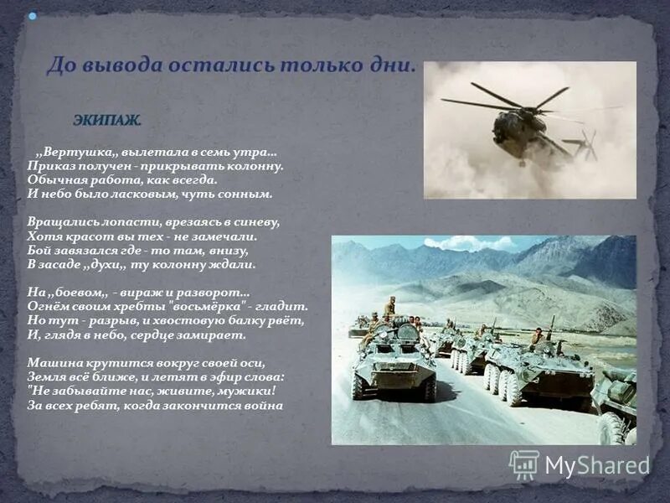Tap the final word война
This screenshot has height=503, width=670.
coord(263,406)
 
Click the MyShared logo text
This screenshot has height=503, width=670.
coord(596,466)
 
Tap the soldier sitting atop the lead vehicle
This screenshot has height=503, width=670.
coord(389,307)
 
